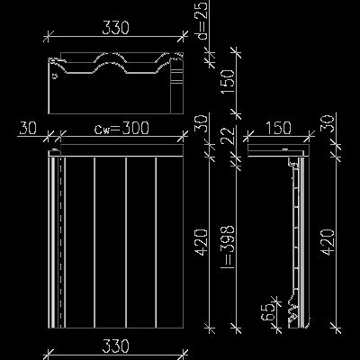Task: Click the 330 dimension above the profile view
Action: [115, 28]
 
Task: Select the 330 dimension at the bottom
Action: [115, 346]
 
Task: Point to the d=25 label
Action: [202, 21]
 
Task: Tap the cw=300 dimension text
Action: [121, 128]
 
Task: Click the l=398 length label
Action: [228, 246]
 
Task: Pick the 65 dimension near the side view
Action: [268, 311]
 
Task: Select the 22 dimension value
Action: [228, 135]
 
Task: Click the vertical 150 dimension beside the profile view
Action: [228, 82]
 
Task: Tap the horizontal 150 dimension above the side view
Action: [278, 128]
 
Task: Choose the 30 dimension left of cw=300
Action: [28, 128]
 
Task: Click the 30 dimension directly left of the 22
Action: [202, 123]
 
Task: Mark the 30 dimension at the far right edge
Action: [328, 123]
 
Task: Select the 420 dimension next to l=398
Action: [202, 242]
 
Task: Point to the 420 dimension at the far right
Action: [328, 242]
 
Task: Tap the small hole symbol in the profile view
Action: [55, 76]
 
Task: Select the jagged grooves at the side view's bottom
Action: [293, 312]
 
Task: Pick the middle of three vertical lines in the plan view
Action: [126, 242]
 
